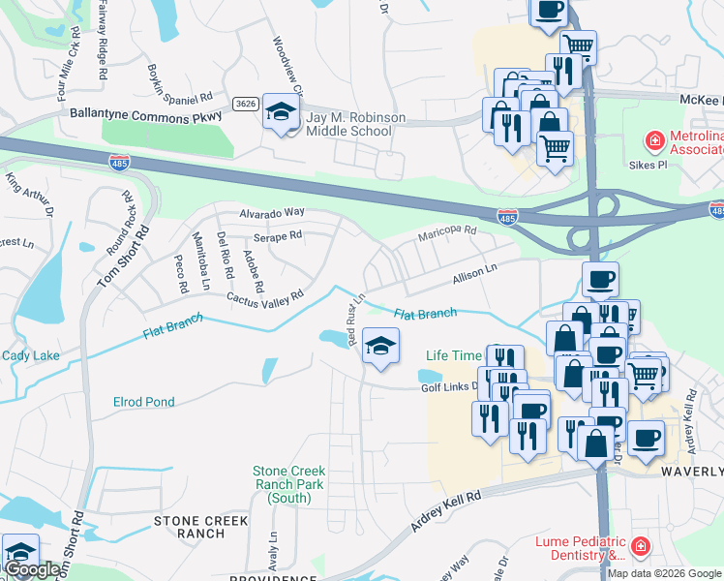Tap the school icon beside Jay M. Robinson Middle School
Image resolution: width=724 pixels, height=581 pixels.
coord(281,115)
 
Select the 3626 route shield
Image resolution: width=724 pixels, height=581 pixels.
coord(244,103)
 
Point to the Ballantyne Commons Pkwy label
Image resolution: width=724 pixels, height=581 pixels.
coord(146,114)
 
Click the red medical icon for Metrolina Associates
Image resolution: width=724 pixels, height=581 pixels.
coord(655,141)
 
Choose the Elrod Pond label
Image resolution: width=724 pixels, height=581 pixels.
coord(144,402)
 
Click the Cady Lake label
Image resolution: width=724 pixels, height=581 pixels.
coord(30,356)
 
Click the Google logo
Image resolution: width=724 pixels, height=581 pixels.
coord(33,569)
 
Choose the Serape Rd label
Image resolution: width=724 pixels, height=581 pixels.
coord(278,235)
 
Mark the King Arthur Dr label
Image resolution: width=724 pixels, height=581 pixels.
coord(28,190)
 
